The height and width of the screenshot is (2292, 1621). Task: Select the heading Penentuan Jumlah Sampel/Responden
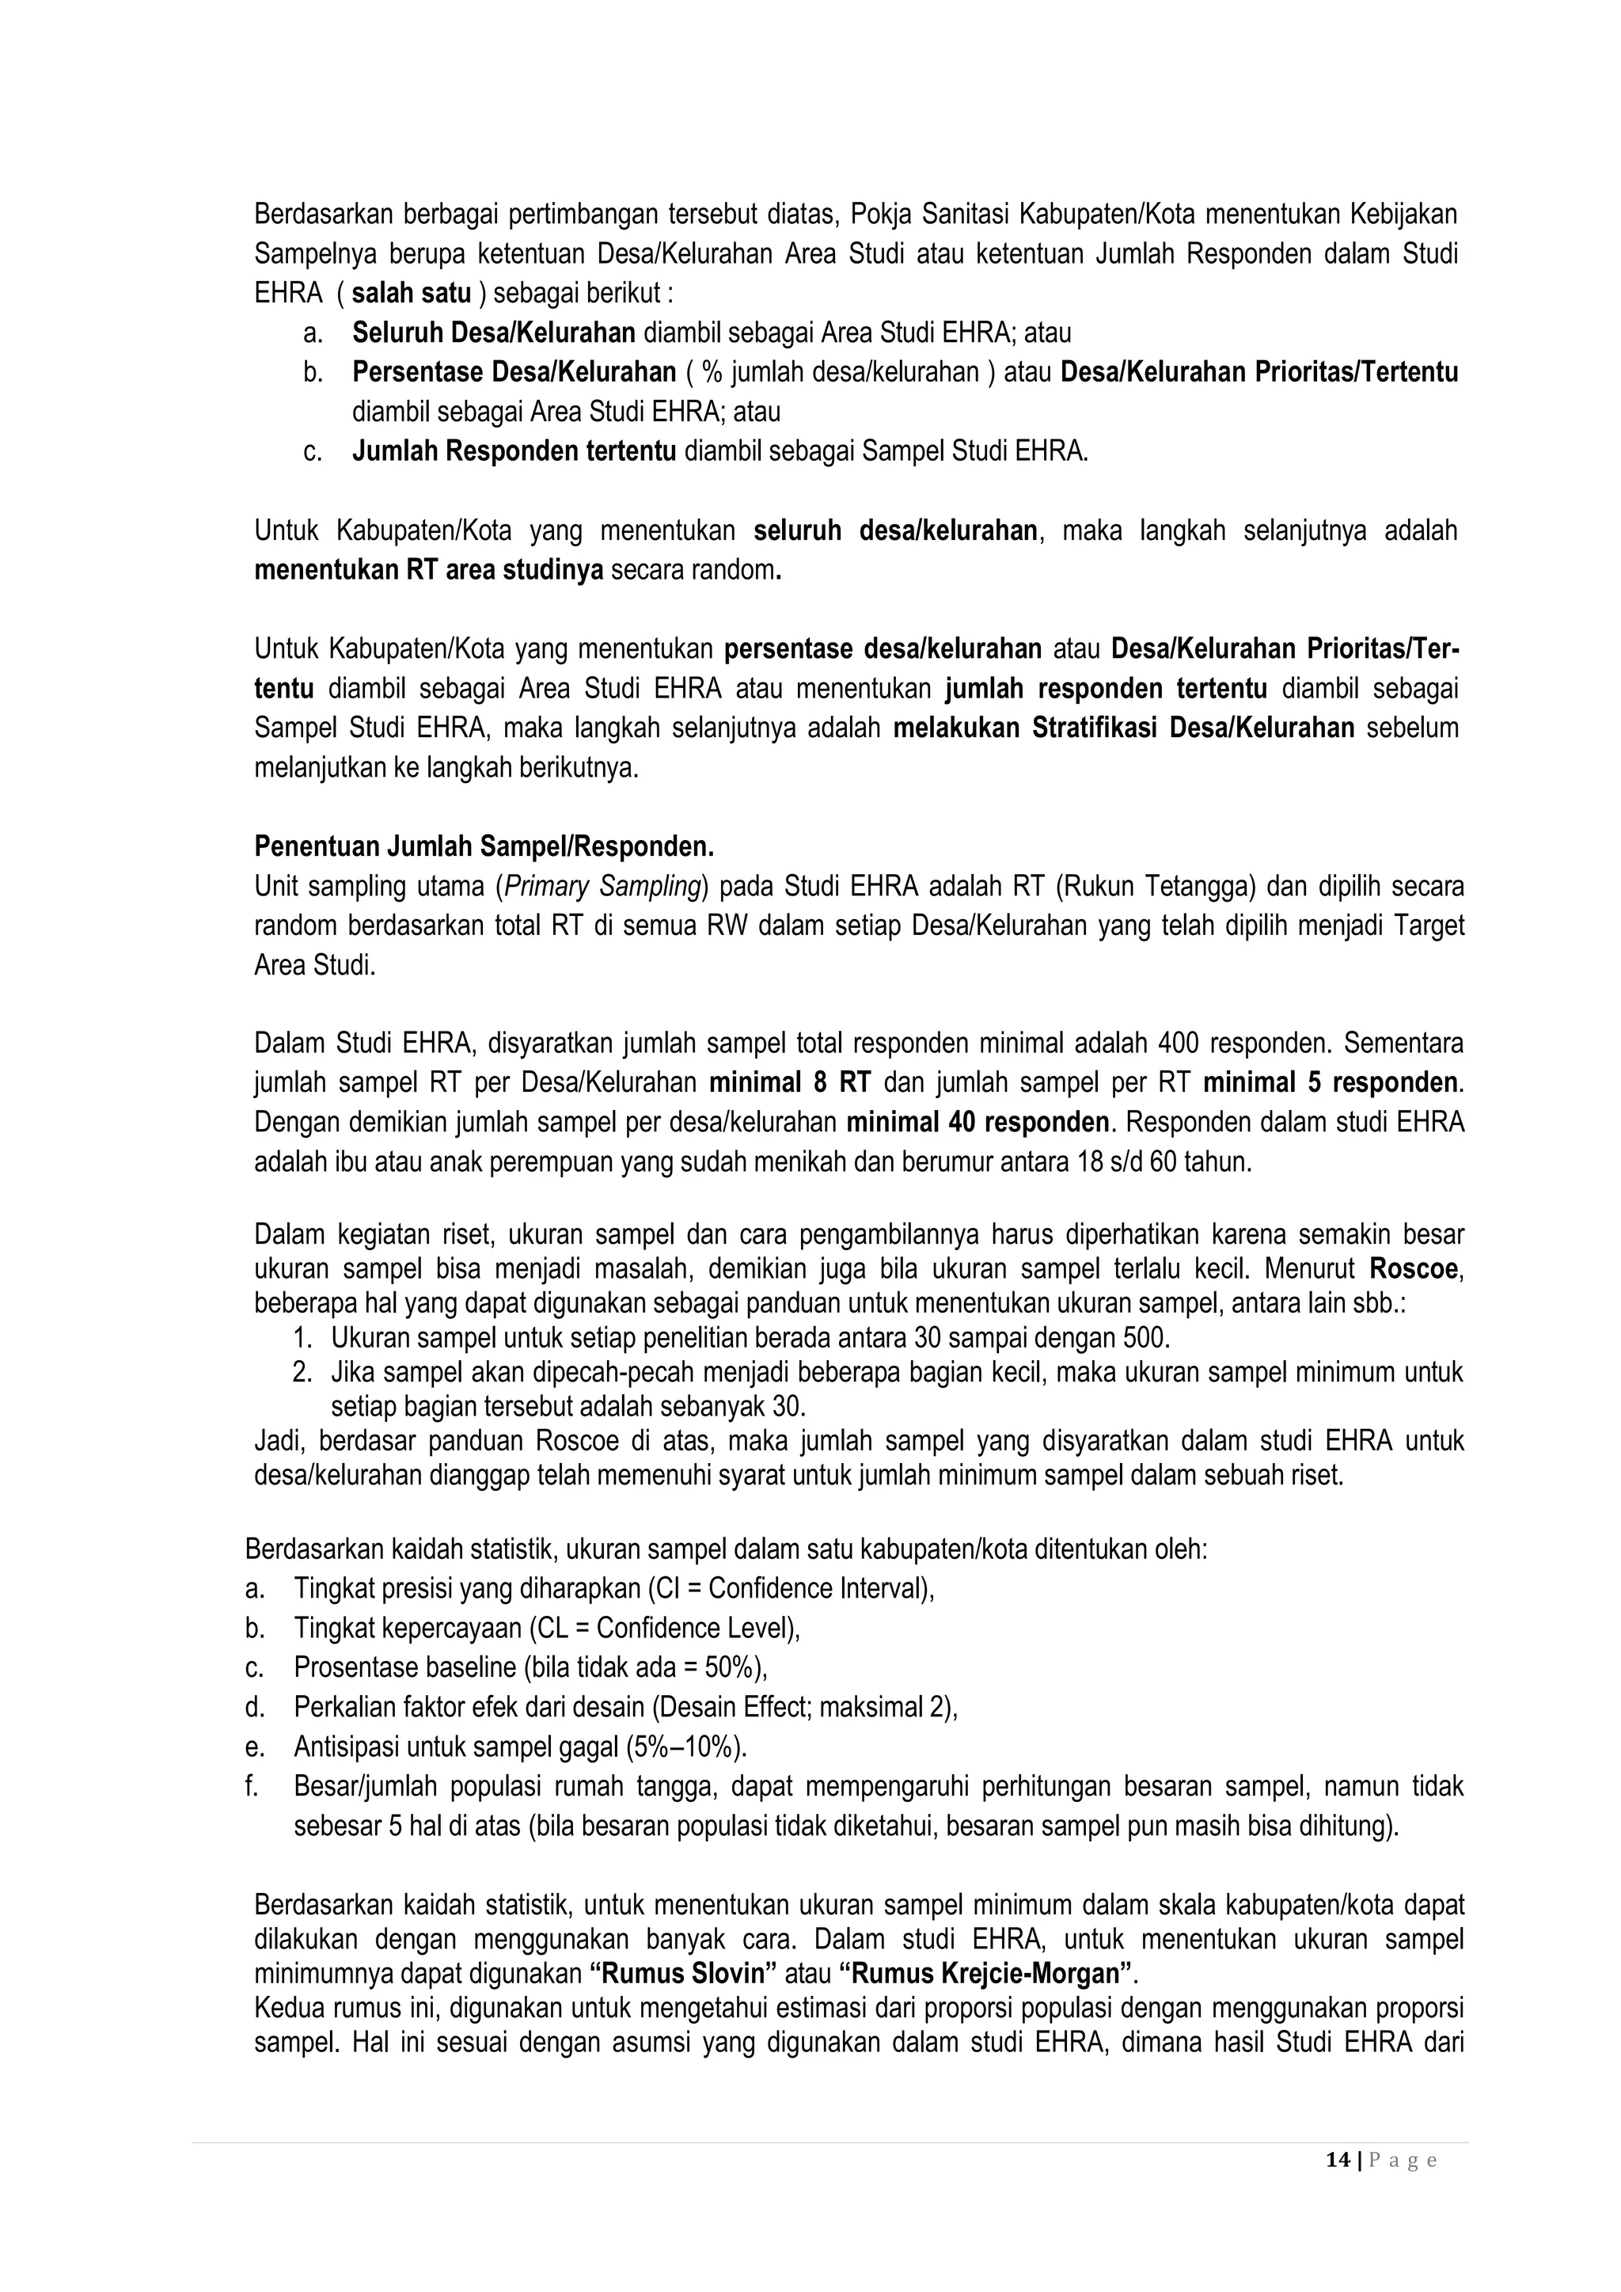tap(484, 846)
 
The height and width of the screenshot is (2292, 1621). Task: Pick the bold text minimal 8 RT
tap(790, 1083)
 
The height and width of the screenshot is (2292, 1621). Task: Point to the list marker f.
tap(252, 1787)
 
